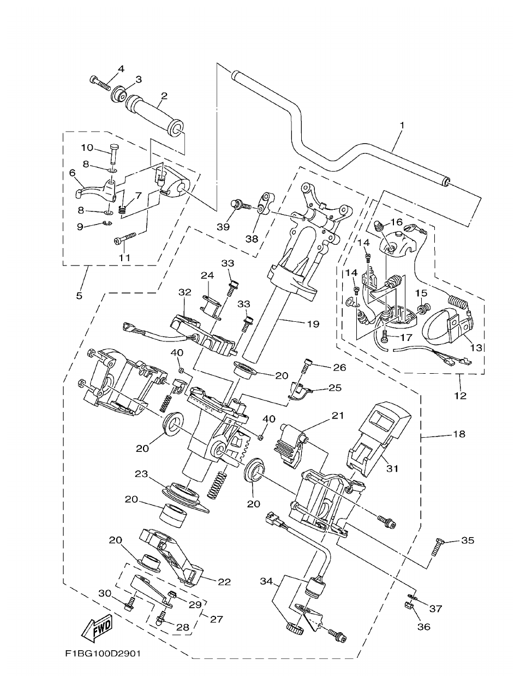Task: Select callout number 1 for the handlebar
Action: click(x=402, y=125)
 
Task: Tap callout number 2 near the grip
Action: click(x=163, y=96)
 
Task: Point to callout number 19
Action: click(x=313, y=323)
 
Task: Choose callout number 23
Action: click(x=141, y=475)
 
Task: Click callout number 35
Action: click(x=468, y=540)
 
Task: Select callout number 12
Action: click(x=461, y=395)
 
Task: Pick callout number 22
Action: click(x=224, y=582)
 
